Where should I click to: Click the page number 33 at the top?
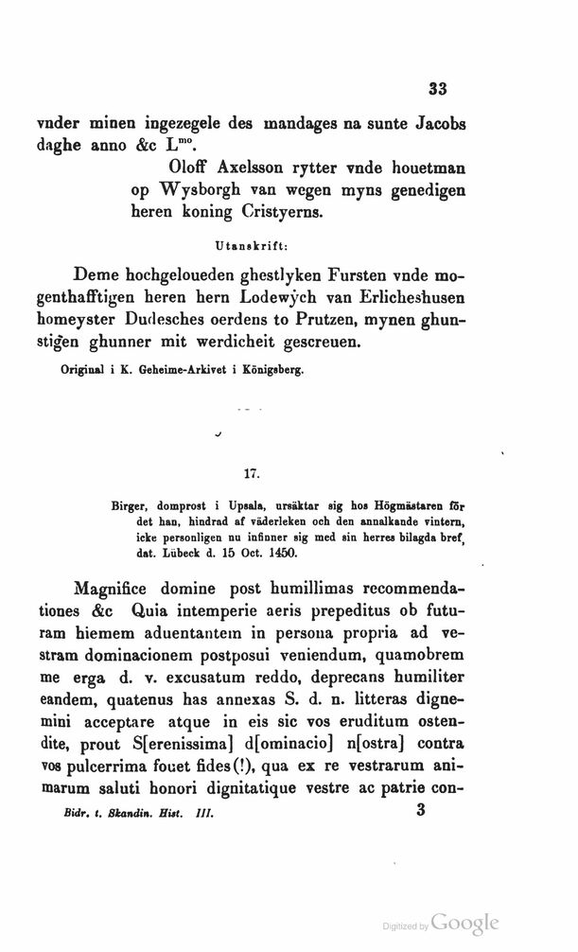click(x=436, y=90)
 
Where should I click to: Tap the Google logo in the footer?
click(x=464, y=922)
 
